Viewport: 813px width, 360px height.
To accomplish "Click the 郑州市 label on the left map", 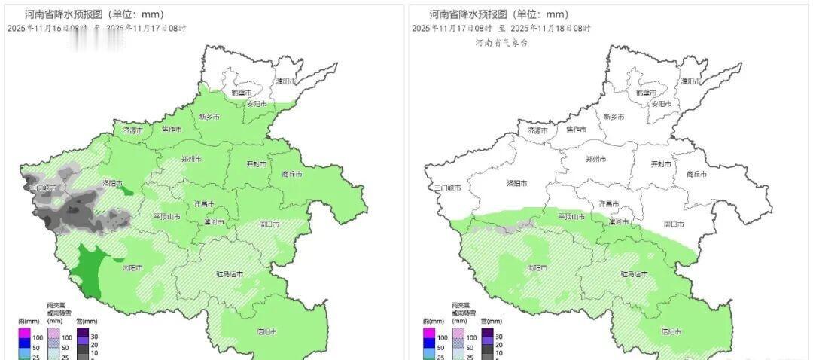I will [x=191, y=160].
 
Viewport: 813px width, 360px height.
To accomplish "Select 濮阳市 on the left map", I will [x=285, y=81].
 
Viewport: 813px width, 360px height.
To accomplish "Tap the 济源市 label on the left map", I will [x=133, y=130].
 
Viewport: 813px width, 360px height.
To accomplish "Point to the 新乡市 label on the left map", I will [x=209, y=117].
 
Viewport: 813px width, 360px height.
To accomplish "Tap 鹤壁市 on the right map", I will [x=647, y=92].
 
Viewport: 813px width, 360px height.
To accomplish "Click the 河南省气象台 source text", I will [x=501, y=43].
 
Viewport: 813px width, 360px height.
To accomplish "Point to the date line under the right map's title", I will [x=501, y=28].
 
